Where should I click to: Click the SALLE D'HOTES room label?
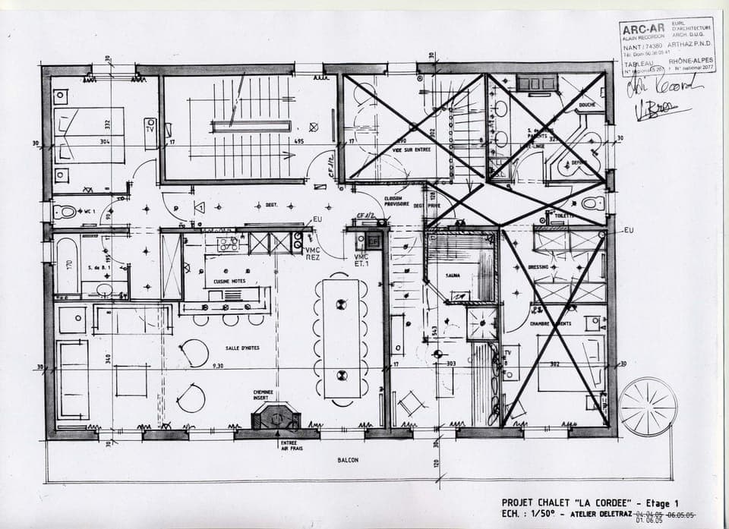(x=243, y=348)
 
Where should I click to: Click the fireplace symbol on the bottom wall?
(x=276, y=417)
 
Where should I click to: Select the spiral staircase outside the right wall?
(x=647, y=406)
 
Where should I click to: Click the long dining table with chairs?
(x=341, y=338)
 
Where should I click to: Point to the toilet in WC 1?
(x=67, y=211)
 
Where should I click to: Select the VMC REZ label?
(x=312, y=253)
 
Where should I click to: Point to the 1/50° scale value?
(x=544, y=514)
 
